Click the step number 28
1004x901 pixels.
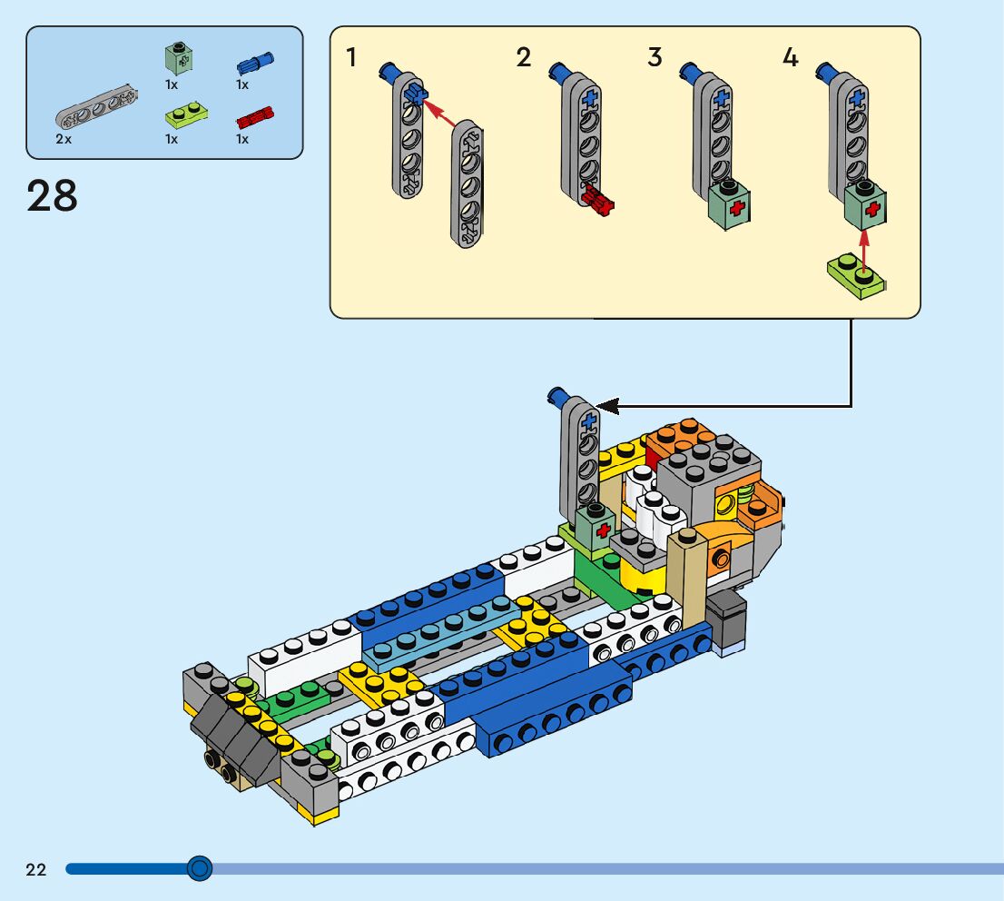pos(53,195)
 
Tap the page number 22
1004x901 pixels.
pos(35,870)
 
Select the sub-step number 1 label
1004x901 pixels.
pos(351,58)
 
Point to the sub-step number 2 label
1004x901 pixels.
pos(523,58)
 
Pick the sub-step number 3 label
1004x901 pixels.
pos(655,58)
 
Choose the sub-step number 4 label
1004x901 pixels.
pos(790,58)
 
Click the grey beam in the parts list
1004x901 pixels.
pos(95,107)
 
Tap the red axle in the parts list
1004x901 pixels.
pos(255,117)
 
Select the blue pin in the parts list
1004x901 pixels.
pos(255,64)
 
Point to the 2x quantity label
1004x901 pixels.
pos(64,139)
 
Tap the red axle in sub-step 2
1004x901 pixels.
pos(599,200)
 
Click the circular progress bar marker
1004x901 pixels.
pos(199,869)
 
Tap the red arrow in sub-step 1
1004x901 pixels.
pos(441,113)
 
